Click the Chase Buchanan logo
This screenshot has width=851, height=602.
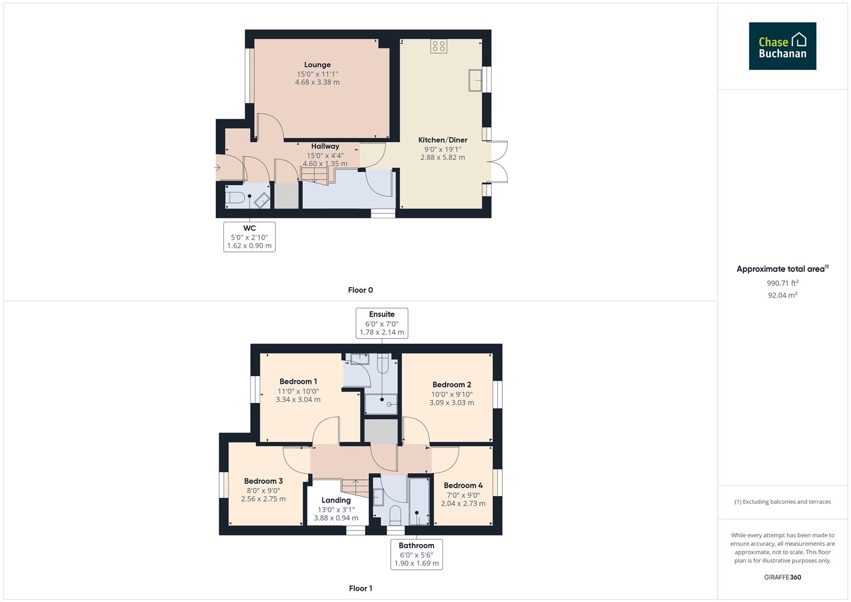pos(782,46)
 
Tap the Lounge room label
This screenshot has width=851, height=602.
pos(317,65)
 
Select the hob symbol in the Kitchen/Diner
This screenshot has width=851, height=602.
pos(439,46)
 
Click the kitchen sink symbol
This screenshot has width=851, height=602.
pos(476,80)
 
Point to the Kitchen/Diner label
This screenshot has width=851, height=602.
pos(442,140)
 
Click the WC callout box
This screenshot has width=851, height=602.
pos(249,237)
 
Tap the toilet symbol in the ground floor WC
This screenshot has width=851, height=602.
pos(235,197)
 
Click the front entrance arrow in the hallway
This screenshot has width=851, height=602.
pos(217,167)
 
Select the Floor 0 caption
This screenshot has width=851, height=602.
pos(360,290)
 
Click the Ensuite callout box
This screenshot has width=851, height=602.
pos(382,323)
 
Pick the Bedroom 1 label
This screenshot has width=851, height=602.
pos(298,382)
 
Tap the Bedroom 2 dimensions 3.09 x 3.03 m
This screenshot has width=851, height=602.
pos(451,402)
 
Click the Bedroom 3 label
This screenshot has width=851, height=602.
pos(263,481)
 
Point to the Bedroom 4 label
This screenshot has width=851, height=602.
pos(463,486)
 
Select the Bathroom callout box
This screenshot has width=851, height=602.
pos(416,554)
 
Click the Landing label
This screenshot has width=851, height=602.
pos(336,500)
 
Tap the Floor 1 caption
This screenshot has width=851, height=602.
pos(360,588)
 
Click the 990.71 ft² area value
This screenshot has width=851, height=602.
pos(782,283)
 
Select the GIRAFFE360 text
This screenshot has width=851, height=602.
pos(782,577)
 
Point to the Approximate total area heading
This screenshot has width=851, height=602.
pos(781,269)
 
